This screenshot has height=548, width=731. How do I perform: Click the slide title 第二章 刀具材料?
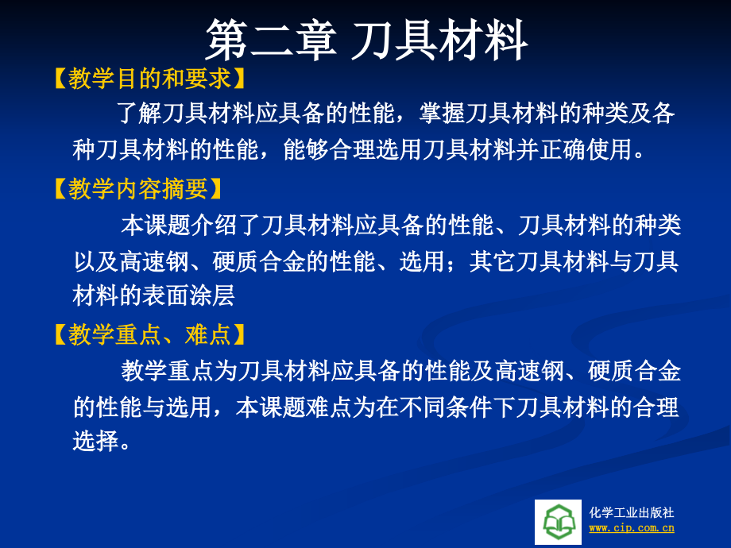(x=366, y=41)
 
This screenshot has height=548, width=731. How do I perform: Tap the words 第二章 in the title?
(x=271, y=41)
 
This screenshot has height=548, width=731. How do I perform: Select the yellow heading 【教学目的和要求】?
(x=149, y=79)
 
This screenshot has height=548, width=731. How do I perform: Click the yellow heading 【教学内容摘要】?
(x=138, y=189)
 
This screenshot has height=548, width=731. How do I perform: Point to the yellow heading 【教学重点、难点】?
(x=149, y=334)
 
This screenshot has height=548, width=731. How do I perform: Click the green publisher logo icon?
(x=558, y=522)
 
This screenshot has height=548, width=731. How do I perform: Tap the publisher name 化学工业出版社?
(x=632, y=512)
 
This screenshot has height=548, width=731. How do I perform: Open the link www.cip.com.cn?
(x=632, y=528)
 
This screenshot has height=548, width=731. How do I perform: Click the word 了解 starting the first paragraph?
(x=139, y=114)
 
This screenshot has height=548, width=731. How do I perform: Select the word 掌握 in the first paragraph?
(x=442, y=114)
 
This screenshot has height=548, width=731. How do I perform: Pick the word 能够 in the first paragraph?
(x=306, y=149)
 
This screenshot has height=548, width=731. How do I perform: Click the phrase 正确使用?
(x=586, y=149)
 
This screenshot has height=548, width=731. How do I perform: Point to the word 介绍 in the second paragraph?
(x=214, y=225)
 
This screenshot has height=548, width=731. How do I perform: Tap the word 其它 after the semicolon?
(x=493, y=261)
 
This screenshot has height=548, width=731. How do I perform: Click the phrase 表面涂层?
(x=188, y=295)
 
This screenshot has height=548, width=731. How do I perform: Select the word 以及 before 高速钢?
(x=96, y=261)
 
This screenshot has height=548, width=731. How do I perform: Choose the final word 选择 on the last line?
(x=96, y=439)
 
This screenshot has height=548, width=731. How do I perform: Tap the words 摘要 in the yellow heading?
(x=184, y=189)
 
